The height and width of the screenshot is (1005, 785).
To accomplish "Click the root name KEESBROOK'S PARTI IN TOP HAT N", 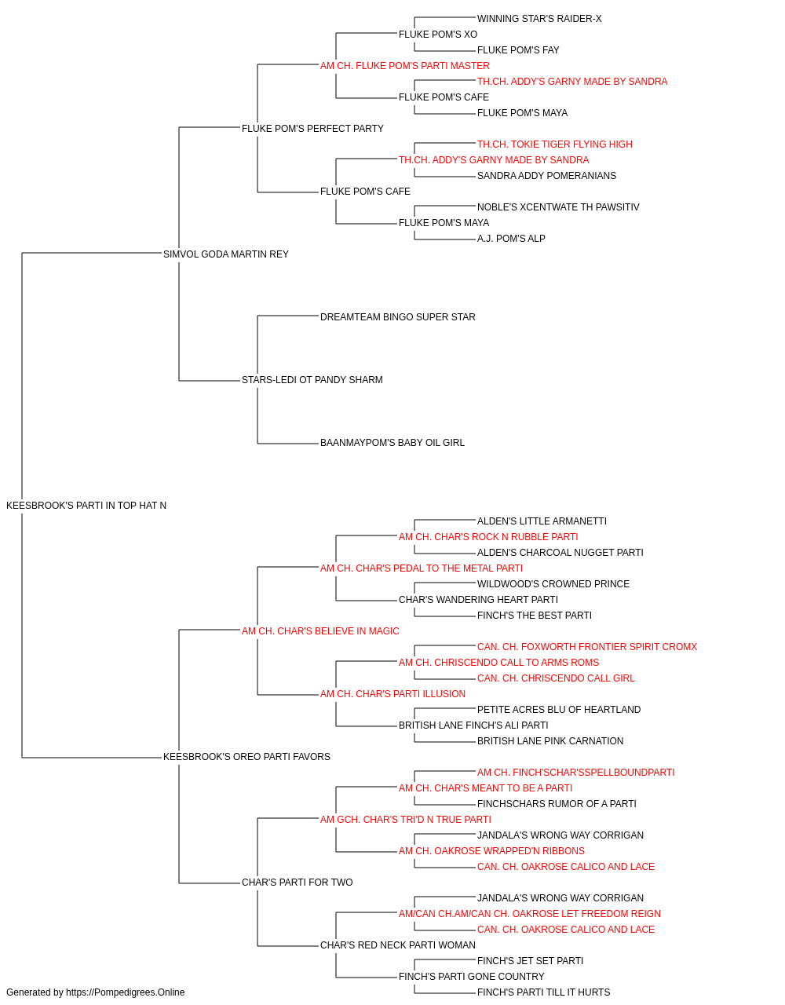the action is pos(86,506).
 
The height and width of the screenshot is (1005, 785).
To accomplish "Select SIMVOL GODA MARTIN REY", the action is pos(225,254).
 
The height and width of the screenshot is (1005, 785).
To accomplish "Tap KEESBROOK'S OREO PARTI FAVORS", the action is pos(246,757).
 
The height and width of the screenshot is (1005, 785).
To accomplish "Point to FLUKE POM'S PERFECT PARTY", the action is pos(312,129).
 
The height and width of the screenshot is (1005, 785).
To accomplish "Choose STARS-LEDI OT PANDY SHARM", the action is pos(312,380).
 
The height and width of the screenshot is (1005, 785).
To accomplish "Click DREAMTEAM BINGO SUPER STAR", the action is pos(397,317).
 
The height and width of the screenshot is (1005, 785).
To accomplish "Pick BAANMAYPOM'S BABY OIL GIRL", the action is pos(392,443).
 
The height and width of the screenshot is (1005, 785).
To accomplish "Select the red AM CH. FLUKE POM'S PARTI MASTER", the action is pos(405,66).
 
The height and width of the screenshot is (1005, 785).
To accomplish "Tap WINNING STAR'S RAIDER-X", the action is pos(539,19).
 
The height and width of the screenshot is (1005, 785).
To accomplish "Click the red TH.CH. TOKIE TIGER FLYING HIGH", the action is pos(555,144).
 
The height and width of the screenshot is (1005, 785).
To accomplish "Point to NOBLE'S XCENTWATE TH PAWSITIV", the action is pos(558,207).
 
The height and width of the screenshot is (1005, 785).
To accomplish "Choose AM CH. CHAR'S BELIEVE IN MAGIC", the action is pos(320,631).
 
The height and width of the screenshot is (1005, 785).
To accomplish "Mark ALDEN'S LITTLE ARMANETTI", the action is pos(542,521).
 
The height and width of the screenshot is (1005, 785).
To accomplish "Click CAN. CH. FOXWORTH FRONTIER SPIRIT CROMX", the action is pos(587,647).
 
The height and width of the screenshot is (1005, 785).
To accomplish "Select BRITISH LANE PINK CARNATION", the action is pos(550,741).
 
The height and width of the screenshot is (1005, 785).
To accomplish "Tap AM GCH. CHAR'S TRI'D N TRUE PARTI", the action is pos(405,820).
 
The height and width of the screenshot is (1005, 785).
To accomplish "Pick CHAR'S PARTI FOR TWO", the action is pos(298,883).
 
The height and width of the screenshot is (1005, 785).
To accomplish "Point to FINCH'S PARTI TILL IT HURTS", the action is pos(544,992).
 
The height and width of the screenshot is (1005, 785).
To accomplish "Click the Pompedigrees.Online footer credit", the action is pos(95,992).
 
